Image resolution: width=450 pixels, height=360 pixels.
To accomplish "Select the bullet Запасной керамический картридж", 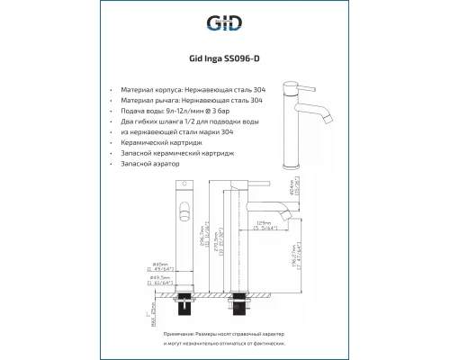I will coord(184,154).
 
